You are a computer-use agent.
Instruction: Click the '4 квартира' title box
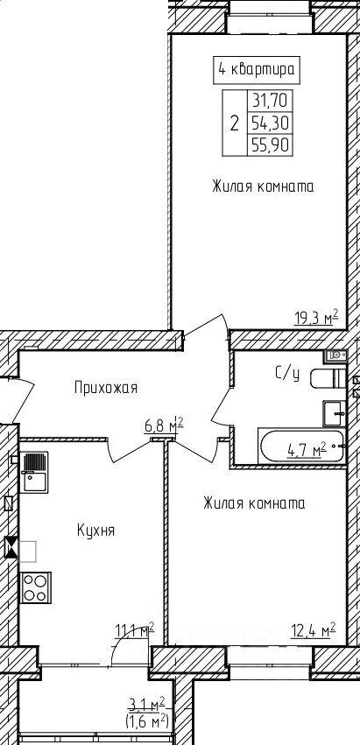click(x=257, y=69)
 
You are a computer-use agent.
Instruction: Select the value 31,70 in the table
click(x=270, y=101)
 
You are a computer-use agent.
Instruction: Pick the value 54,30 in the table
click(x=270, y=123)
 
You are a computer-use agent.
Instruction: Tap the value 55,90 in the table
click(x=270, y=145)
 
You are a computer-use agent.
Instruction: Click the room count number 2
click(x=234, y=123)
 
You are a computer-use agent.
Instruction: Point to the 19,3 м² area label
click(x=316, y=316)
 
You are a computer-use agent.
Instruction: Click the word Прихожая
click(x=106, y=388)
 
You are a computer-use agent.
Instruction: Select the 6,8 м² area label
click(x=164, y=425)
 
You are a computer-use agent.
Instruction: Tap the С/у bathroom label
click(x=287, y=374)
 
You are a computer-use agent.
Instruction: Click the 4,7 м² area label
click(x=307, y=448)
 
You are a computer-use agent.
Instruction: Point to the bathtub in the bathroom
click(x=301, y=446)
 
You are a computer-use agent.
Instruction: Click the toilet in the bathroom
click(x=328, y=378)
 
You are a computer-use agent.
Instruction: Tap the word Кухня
click(x=95, y=531)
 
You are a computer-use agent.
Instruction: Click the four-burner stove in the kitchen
click(x=36, y=587)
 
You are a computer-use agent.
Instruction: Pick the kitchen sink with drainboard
click(x=34, y=472)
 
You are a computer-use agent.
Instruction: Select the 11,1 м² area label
click(x=135, y=631)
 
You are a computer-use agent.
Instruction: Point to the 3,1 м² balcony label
click(x=146, y=704)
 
